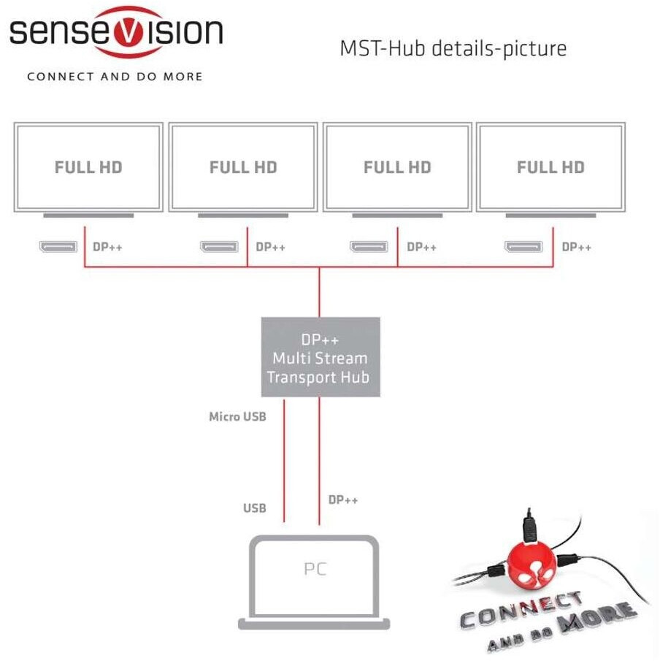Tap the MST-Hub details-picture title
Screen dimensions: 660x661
453,48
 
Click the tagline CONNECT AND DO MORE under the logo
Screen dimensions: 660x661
115,77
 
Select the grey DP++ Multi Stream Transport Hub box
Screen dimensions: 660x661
321,357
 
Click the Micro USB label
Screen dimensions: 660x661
238,417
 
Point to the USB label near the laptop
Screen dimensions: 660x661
255,508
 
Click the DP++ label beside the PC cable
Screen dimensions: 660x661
343,500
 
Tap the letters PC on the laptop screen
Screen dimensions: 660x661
315,569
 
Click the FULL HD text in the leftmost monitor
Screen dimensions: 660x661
88,167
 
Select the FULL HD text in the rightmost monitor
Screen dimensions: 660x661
550,167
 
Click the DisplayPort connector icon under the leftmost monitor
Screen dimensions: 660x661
58,247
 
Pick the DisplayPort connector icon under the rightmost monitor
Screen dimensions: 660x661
523,247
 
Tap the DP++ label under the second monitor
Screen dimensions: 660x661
271,247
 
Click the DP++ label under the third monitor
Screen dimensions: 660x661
421,247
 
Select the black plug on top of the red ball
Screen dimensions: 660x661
530,527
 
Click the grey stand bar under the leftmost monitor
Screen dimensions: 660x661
88,215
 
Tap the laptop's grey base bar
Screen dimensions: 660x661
314,624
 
